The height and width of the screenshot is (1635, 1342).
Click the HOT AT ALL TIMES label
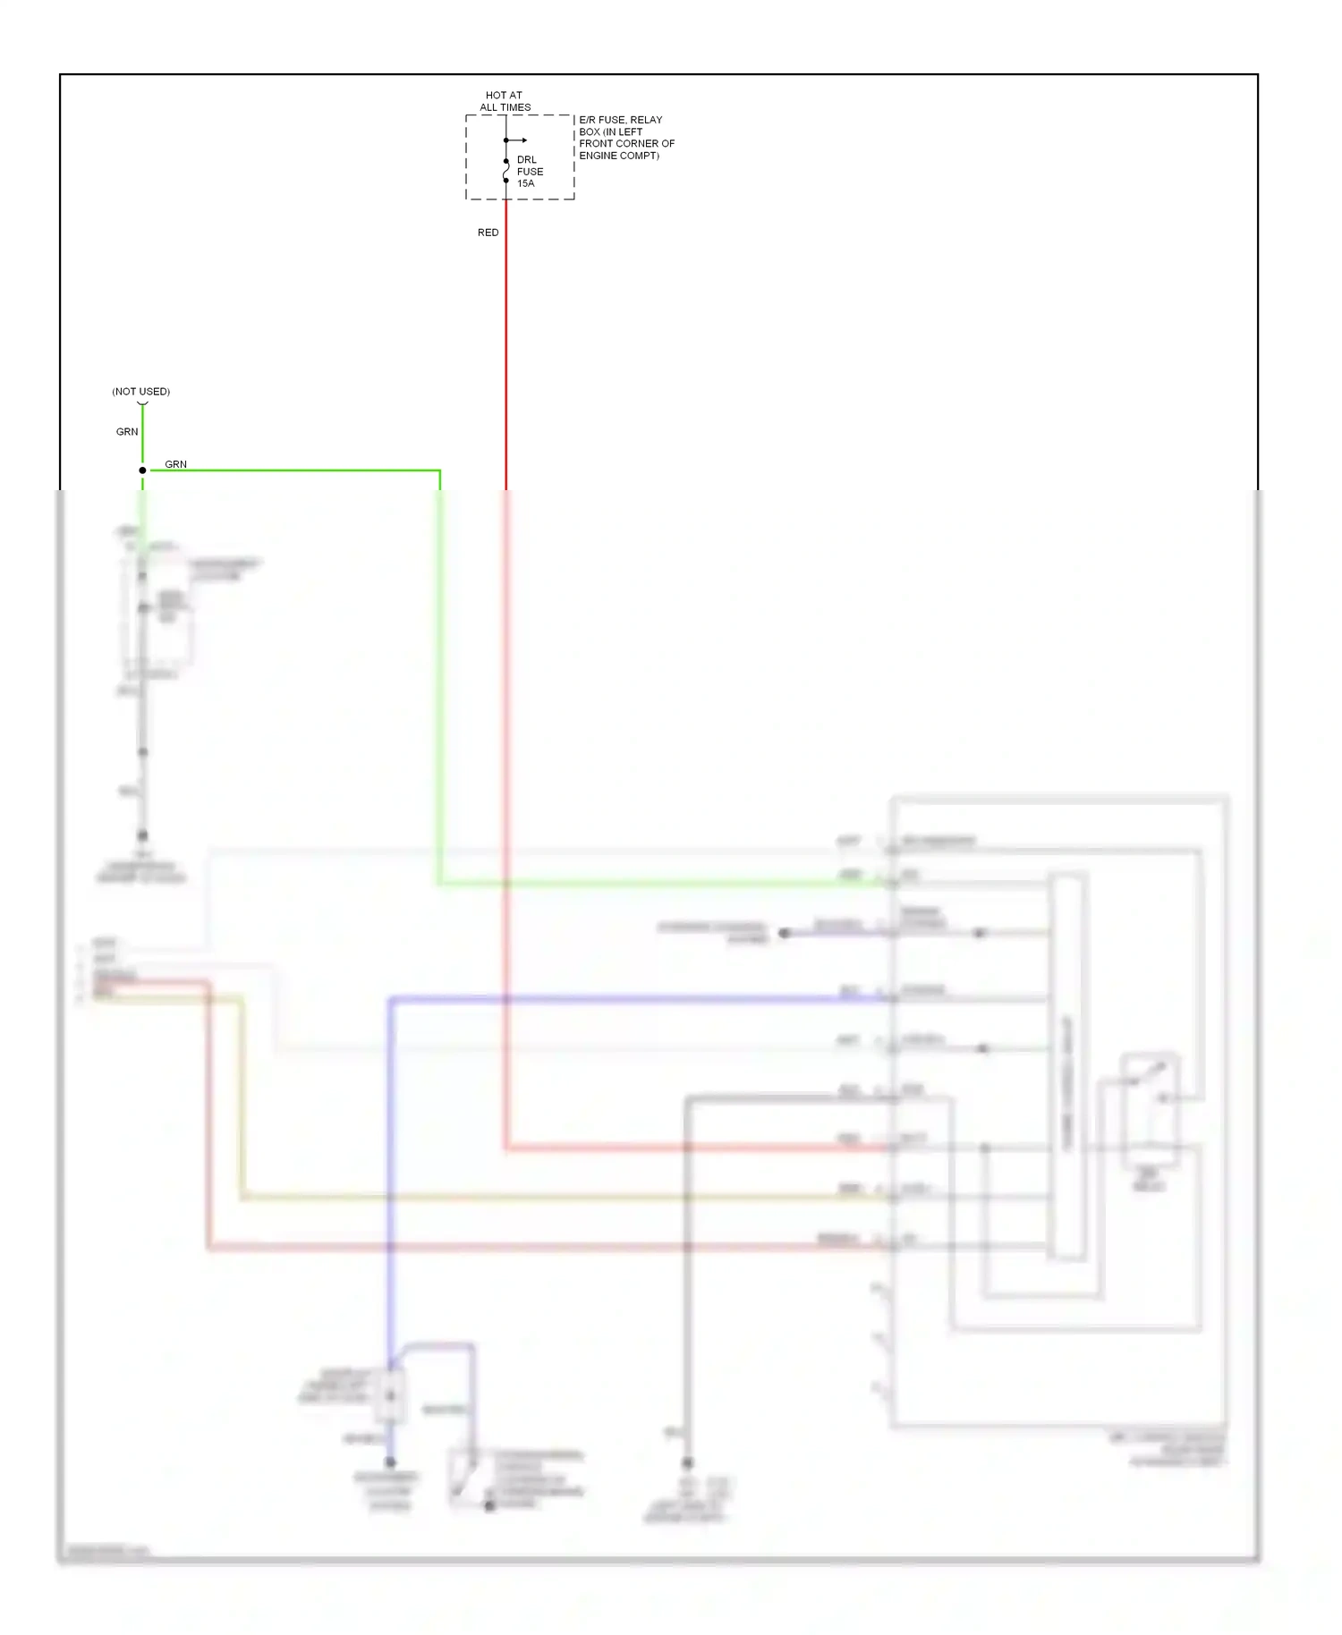pos(505,101)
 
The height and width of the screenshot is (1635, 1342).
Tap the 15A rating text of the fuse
pos(525,183)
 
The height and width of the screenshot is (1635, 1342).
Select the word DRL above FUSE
pos(526,160)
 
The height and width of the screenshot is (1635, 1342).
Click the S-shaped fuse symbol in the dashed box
pos(506,171)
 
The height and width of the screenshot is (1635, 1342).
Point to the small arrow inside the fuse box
pos(521,140)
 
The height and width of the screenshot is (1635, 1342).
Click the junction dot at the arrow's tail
pos(506,140)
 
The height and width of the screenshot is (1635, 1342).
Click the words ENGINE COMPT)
pos(619,156)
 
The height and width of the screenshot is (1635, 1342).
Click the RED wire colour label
pos(488,233)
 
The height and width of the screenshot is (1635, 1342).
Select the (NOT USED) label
pos(141,392)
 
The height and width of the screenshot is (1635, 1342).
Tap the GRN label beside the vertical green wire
pos(127,432)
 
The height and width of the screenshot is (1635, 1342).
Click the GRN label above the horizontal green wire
pos(176,464)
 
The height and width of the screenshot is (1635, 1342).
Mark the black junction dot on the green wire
pos(142,470)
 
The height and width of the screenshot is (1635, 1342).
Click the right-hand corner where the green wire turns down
pos(439,470)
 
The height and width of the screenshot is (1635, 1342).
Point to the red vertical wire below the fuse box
pos(506,358)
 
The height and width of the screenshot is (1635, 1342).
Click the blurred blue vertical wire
pos(390,1163)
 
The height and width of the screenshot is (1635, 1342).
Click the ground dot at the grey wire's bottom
pos(687,1463)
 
